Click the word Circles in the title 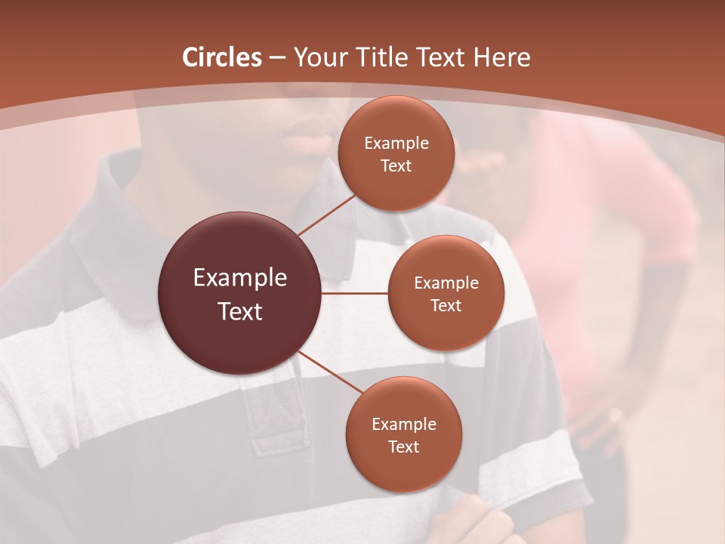tap(222, 57)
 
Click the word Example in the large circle tap(240, 278)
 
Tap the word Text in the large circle tap(240, 311)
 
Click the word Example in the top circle tap(396, 144)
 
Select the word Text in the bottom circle tap(403, 447)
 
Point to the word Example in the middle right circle tap(446, 283)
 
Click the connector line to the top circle tap(327, 215)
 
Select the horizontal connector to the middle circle tap(355, 293)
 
